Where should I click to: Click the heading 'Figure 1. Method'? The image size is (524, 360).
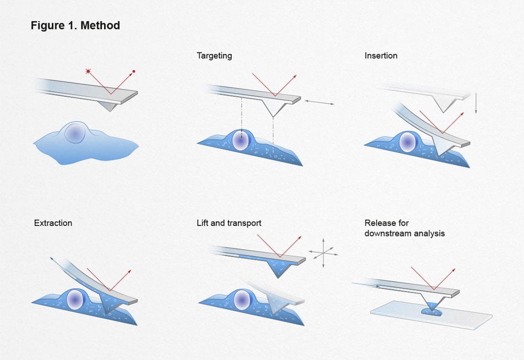pyautogui.click(x=75, y=26)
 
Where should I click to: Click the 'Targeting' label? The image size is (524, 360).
pyautogui.click(x=214, y=56)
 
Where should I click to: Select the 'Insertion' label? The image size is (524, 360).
pyautogui.click(x=381, y=56)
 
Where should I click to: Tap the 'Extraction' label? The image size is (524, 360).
pyautogui.click(x=53, y=223)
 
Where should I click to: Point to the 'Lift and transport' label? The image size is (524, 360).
pyautogui.click(x=229, y=223)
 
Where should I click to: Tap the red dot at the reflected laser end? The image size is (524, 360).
pyautogui.click(x=134, y=71)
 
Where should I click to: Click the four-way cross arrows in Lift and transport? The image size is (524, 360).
pyautogui.click(x=322, y=254)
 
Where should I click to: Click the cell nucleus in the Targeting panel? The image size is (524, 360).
pyautogui.click(x=241, y=141)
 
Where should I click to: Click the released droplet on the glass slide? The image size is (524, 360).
pyautogui.click(x=431, y=312)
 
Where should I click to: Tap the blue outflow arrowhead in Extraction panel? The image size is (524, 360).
pyautogui.click(x=52, y=258)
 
